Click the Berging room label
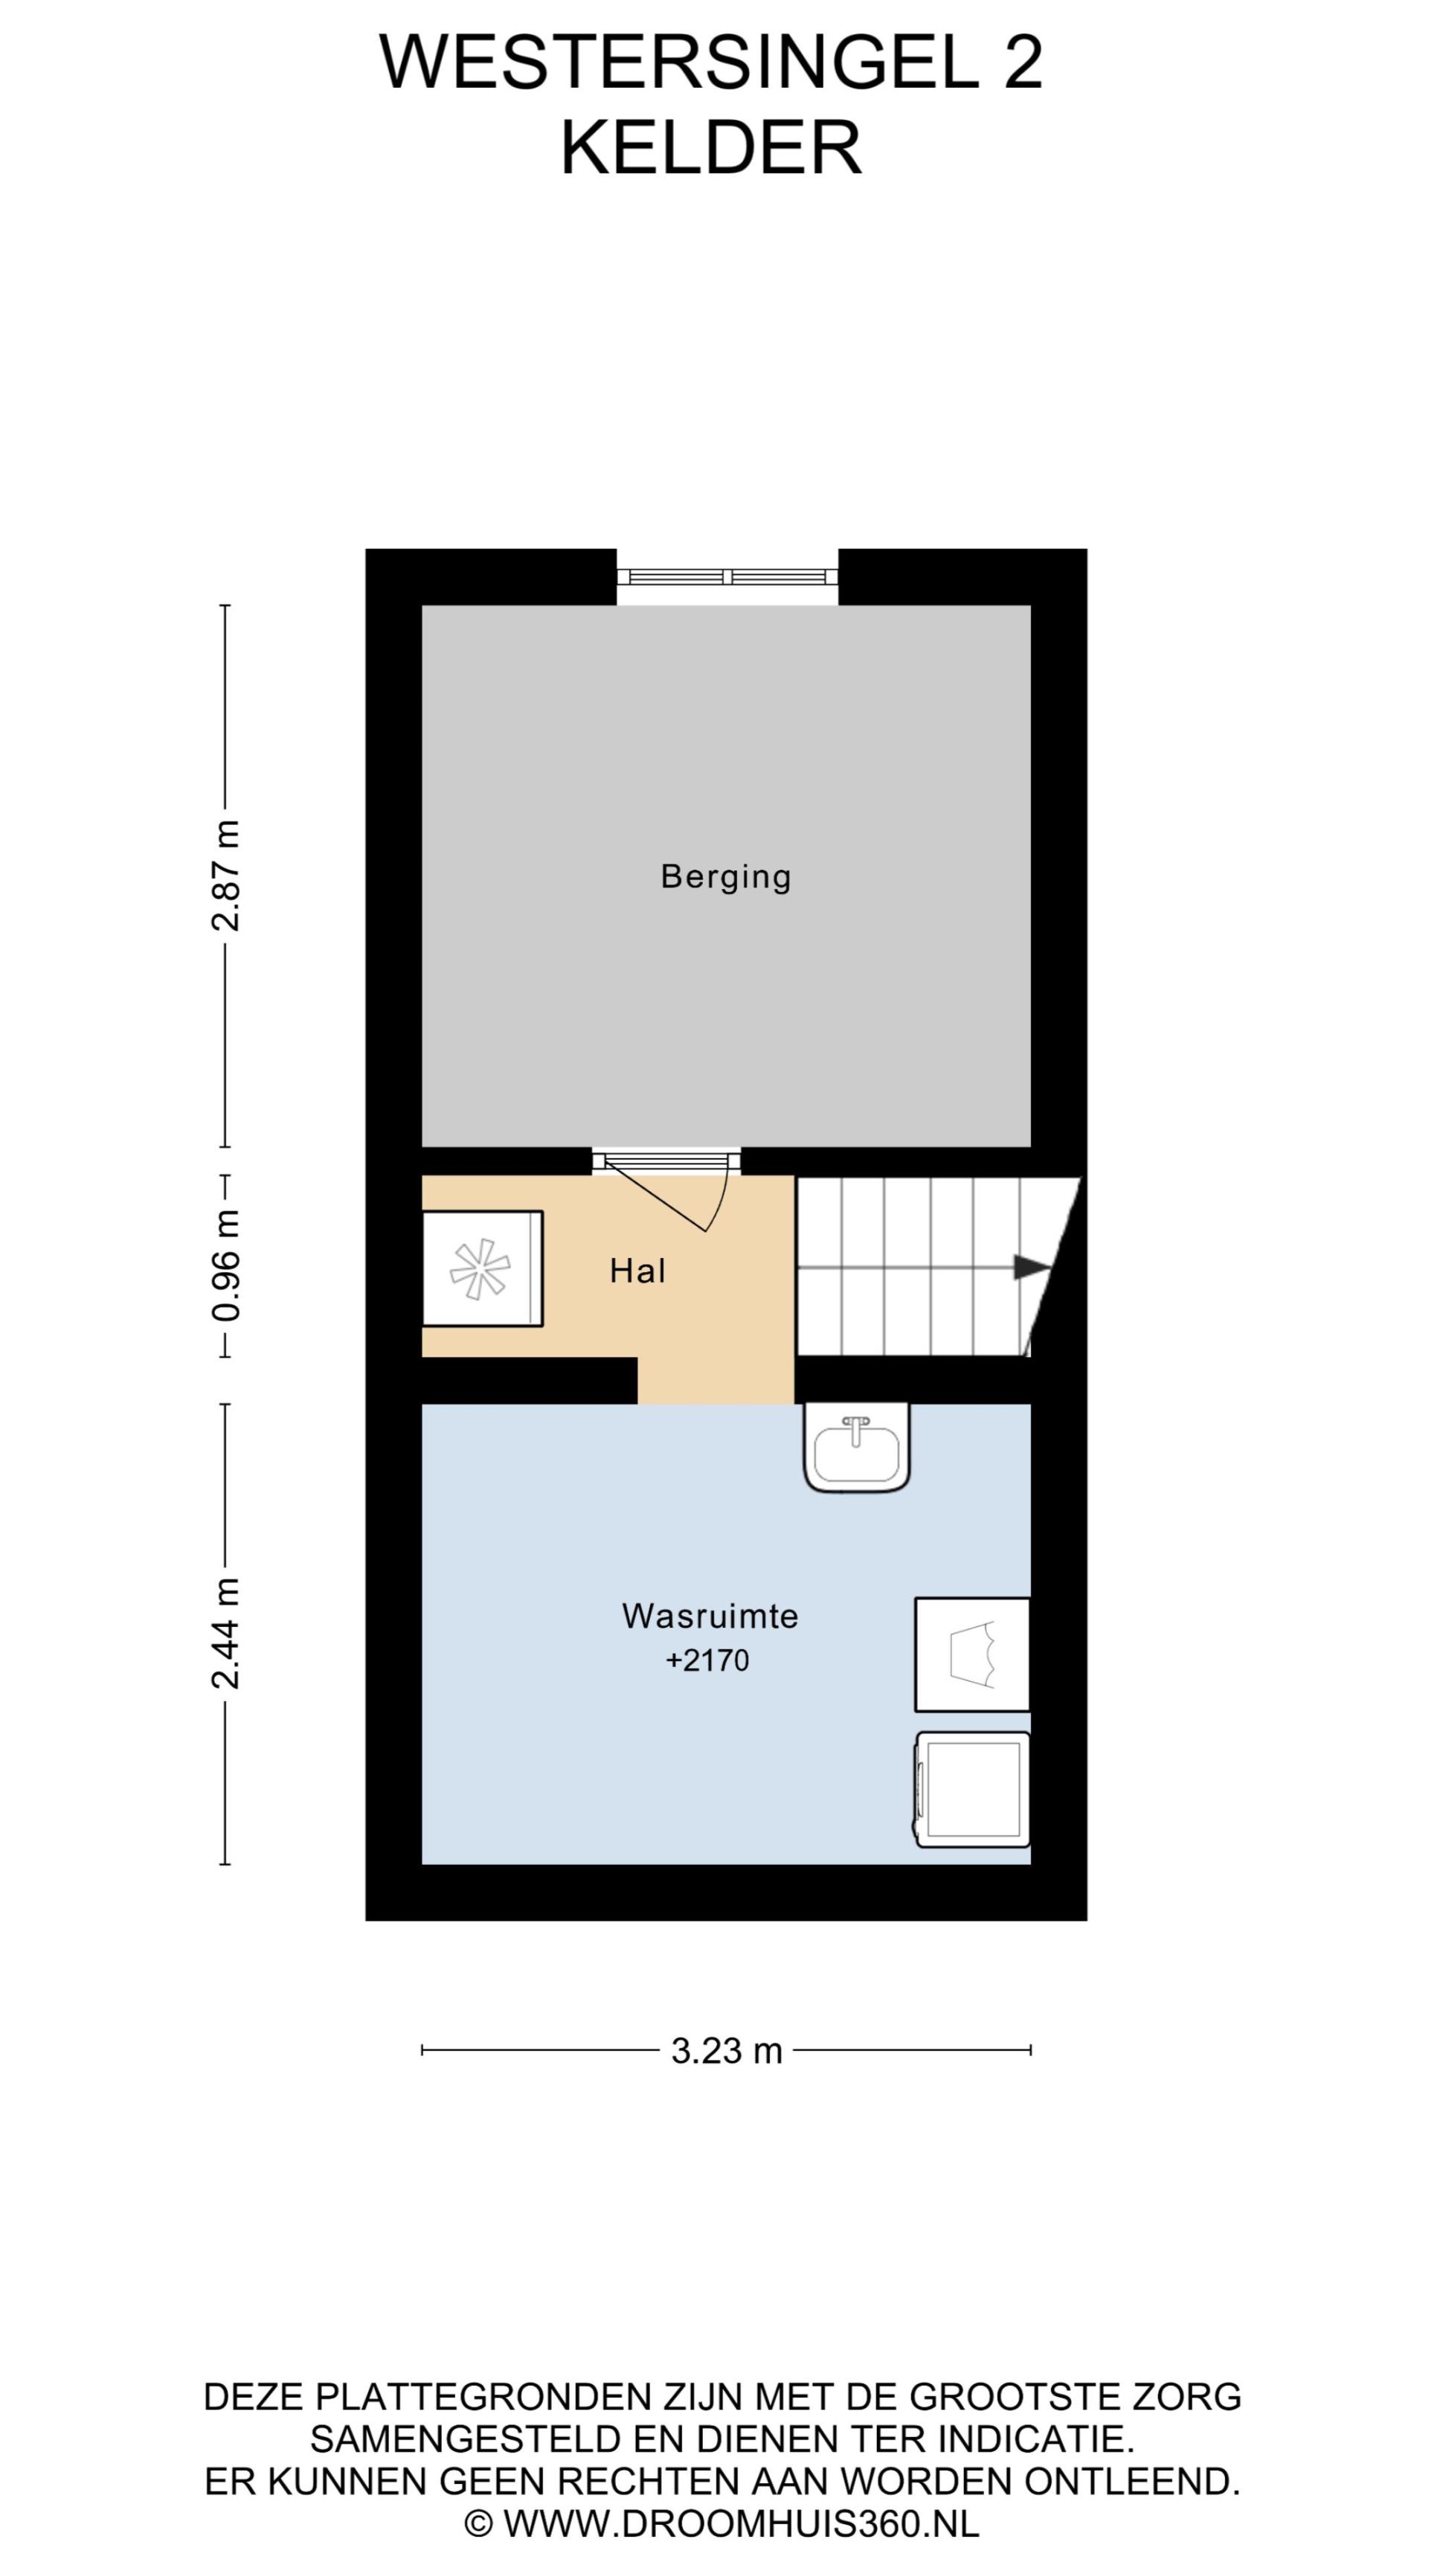pos(725,877)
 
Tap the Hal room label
pos(637,1271)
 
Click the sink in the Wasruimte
pos(857,1448)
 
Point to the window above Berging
pos(727,576)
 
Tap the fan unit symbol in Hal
pos(482,1268)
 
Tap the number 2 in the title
pos(1023,62)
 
